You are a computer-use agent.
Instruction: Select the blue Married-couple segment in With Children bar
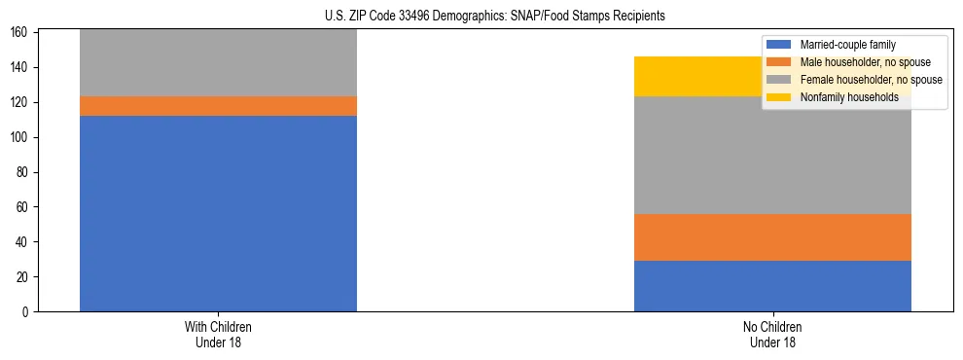point(218,213)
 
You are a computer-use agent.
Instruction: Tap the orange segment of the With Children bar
point(218,106)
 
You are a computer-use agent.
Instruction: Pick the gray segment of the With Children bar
point(218,63)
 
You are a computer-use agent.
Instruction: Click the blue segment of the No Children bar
point(772,286)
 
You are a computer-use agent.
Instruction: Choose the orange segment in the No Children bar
point(772,237)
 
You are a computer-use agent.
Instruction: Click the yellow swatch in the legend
point(779,97)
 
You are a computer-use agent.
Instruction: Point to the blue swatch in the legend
point(779,45)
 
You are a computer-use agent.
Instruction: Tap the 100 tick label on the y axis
point(21,137)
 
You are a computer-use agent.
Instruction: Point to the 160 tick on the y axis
point(21,33)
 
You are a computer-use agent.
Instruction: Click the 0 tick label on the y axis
point(27,311)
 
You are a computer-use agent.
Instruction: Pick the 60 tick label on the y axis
point(24,207)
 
